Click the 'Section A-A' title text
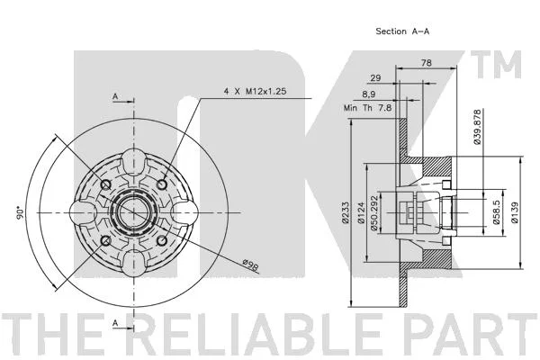(x=402, y=31)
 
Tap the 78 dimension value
(x=426, y=63)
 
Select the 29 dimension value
(x=375, y=78)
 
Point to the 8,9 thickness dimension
(x=368, y=94)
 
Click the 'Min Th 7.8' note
(x=367, y=108)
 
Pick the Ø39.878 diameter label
(x=477, y=127)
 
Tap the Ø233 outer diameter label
(x=346, y=212)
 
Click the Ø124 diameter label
(x=361, y=213)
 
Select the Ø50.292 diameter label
(x=374, y=213)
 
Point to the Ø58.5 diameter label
(x=496, y=212)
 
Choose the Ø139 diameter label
(x=515, y=212)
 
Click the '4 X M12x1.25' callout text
(x=256, y=91)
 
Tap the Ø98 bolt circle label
(x=250, y=265)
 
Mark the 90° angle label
(x=20, y=213)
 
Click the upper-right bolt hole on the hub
(x=162, y=184)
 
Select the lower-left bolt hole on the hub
(x=105, y=241)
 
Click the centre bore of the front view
(x=133, y=212)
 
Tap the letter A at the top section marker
(x=115, y=97)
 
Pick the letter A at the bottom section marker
(x=115, y=323)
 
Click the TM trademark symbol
(x=496, y=65)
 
